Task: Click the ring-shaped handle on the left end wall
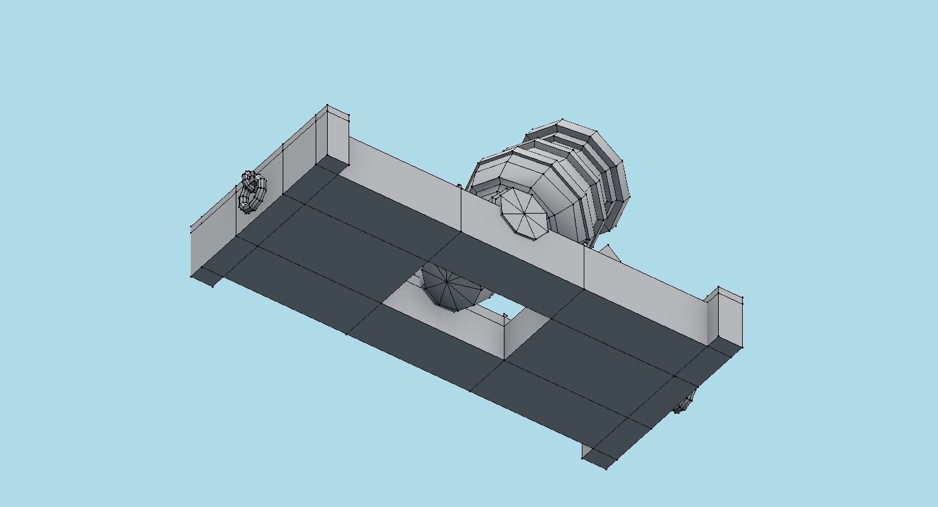pos(252,191)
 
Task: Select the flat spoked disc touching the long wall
pos(524,215)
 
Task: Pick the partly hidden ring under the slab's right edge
pos(684,403)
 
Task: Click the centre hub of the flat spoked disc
pos(524,215)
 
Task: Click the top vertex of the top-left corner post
pos(327,105)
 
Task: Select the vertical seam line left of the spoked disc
pos(461,209)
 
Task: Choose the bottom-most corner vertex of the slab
pos(607,469)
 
